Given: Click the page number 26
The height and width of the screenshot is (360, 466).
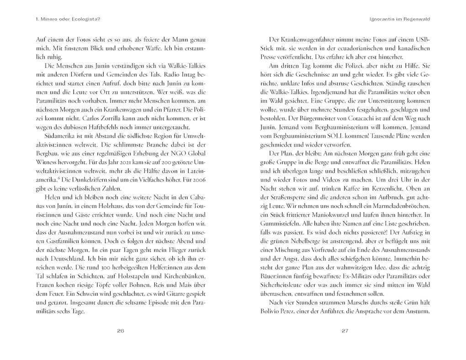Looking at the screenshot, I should tap(121, 331).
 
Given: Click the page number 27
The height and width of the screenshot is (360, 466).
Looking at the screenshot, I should tap(345, 331).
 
